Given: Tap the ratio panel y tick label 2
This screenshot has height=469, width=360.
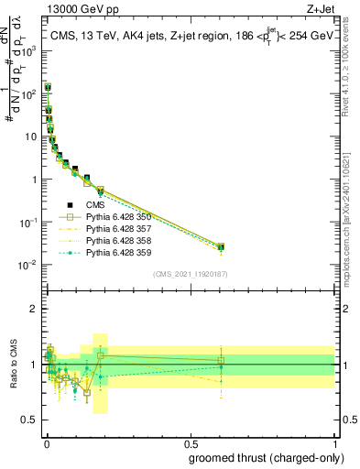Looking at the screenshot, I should click(34, 309).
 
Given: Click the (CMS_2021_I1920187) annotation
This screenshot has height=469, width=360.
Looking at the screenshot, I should click(190, 274).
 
